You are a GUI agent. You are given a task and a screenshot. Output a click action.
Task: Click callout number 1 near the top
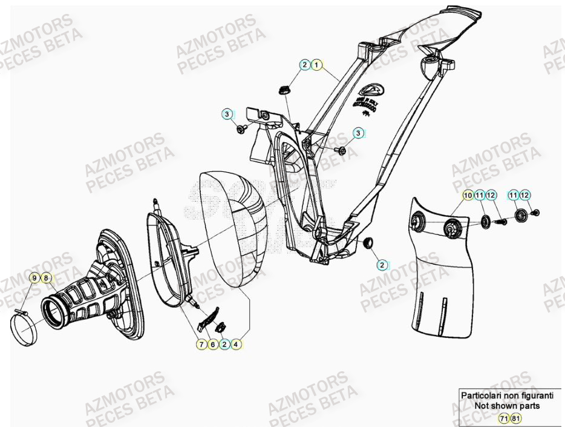click(x=317, y=65)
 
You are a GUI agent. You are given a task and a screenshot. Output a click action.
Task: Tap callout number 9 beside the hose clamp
click(x=35, y=278)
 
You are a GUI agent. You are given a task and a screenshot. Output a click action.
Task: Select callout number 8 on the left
click(x=46, y=278)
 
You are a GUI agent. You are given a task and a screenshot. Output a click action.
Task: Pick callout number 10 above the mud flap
click(x=468, y=195)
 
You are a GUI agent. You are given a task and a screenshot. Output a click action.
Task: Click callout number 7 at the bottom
click(x=200, y=344)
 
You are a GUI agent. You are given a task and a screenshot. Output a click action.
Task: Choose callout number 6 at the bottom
click(x=212, y=344)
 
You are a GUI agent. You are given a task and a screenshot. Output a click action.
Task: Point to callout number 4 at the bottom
click(x=236, y=344)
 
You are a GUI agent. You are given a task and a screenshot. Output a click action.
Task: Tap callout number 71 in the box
click(x=503, y=418)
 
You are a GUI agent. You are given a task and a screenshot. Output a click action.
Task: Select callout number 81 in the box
click(x=515, y=418)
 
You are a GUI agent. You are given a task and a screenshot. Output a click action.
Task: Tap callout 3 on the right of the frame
click(x=358, y=133)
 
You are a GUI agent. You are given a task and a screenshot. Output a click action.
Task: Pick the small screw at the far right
click(x=537, y=213)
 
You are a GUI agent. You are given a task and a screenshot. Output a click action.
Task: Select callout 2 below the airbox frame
click(x=382, y=265)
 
